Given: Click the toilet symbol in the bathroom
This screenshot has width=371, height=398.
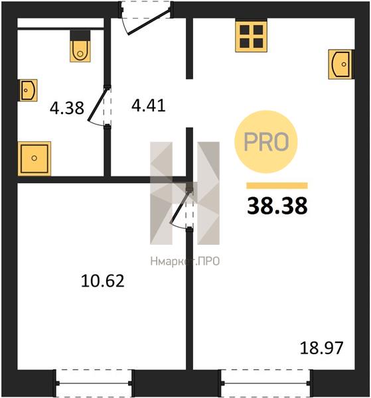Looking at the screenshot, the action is click(x=80, y=46).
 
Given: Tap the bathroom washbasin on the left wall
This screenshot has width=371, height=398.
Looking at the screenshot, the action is click(x=27, y=90).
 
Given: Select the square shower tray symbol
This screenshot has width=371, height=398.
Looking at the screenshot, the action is click(x=35, y=159).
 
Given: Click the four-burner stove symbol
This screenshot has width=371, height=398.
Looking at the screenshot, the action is click(x=251, y=36).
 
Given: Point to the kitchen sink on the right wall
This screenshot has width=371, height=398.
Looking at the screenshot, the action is click(x=341, y=64).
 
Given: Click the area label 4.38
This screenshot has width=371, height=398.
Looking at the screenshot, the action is click(x=67, y=107).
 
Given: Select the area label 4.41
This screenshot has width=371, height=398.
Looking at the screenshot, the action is click(x=149, y=105).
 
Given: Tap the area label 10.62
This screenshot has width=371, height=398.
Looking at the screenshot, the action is click(x=103, y=281).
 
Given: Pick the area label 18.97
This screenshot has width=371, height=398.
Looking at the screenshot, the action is click(x=321, y=348).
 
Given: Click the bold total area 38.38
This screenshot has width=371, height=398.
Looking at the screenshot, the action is click(x=277, y=206).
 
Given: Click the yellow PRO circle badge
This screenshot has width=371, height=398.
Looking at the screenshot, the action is click(x=266, y=142).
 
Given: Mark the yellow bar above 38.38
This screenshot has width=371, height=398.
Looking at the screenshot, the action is click(x=277, y=186).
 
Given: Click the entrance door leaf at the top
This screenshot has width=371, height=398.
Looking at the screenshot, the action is click(x=149, y=22).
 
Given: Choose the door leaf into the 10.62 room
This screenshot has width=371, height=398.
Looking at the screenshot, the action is click(x=180, y=206).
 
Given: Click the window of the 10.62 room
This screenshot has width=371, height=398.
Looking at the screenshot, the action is click(x=94, y=383).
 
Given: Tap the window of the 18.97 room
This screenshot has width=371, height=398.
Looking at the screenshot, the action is click(x=265, y=383).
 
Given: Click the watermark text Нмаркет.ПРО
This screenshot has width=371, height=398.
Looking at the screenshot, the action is click(x=185, y=261).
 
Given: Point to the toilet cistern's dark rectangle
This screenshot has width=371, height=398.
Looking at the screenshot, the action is click(x=80, y=36).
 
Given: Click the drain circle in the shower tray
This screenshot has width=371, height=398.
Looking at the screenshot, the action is click(x=35, y=158).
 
